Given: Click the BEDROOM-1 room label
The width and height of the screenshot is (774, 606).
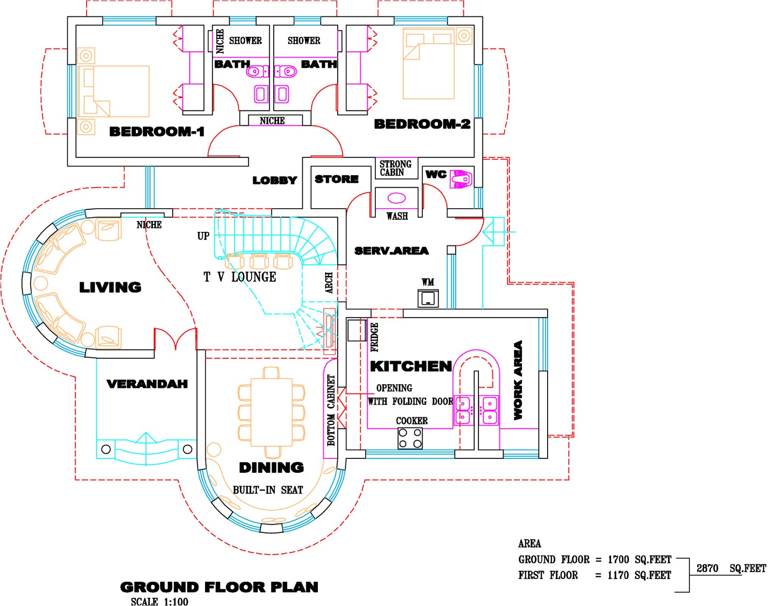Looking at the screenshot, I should pos(157,131).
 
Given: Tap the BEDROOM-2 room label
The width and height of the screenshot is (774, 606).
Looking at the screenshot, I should pos(422,124).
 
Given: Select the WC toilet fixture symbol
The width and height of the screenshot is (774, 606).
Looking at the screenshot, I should pos(461,179).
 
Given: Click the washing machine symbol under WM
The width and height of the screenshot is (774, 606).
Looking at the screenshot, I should pos(428,298).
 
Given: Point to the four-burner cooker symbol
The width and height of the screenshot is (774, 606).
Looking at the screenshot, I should pos(410,439).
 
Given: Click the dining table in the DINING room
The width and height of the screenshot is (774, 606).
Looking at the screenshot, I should pos(271,412).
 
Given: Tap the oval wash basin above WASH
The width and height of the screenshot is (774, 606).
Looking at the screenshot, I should pos(397,197).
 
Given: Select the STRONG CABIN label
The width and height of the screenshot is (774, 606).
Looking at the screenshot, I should pos(395,168).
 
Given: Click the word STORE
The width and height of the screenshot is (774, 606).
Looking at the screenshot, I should pos(337,179).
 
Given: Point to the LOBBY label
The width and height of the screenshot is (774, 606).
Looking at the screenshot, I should pos(274,181).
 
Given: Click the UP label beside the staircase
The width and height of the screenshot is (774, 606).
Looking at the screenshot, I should pos(203,236).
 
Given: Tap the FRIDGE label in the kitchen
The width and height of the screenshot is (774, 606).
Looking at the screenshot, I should pos(374,337).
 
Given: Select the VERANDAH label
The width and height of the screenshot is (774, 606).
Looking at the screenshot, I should pos(147,384).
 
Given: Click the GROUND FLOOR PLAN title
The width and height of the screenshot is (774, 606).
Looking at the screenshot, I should pos(219,587).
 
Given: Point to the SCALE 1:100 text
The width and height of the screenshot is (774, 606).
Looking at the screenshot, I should pos(159,601).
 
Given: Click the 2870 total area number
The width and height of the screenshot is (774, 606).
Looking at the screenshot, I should pos(707,568).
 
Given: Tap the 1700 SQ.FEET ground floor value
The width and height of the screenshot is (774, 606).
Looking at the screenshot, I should pos(639,560).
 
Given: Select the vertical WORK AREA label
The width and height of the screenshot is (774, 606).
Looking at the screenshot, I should pos(518,380).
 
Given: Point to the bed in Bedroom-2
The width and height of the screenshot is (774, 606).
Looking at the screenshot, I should pos(429,64).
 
